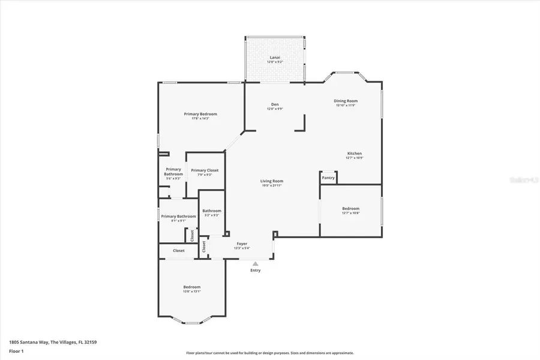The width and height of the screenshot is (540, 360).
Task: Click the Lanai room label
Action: tap(274, 58)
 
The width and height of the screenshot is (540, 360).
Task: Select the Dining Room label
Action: tap(346, 101)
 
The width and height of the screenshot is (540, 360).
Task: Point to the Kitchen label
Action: tap(354, 154)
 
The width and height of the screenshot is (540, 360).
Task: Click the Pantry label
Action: tap(328, 178)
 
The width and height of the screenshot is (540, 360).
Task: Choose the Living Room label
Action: tap(272, 181)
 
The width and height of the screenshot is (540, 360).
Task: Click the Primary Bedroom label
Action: tap(200, 114)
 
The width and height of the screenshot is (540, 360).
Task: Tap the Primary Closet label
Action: tap(205, 170)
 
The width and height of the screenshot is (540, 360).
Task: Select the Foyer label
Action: tap(242, 244)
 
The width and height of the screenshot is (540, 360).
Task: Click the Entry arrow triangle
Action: tap(256, 263)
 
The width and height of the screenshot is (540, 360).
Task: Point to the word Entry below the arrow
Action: tap(256, 271)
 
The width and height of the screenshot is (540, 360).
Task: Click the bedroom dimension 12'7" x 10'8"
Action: tap(350, 213)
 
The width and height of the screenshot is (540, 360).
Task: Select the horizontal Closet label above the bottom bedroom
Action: tap(179, 251)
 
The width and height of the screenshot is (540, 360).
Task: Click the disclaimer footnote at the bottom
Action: tap(269, 353)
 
